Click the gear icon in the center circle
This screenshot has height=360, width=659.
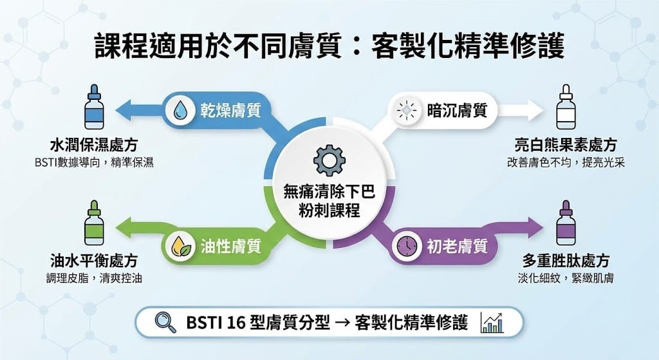[329, 160]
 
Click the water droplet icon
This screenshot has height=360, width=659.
[181, 111]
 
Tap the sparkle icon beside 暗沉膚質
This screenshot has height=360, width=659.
[407, 111]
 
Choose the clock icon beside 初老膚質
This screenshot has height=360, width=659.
[407, 245]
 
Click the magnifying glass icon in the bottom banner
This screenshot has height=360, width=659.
[165, 323]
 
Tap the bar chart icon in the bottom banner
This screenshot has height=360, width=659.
[492, 323]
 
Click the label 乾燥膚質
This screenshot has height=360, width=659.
[230, 111]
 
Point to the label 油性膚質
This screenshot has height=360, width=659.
[230, 247]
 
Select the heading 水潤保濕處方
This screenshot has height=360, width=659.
[94, 145]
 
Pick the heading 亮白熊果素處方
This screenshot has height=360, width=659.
[566, 145]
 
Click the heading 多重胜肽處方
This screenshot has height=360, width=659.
[566, 261]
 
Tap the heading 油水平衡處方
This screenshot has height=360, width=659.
[94, 261]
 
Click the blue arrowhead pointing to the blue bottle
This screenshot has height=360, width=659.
[124, 111]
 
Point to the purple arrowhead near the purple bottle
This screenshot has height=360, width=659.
[535, 227]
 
